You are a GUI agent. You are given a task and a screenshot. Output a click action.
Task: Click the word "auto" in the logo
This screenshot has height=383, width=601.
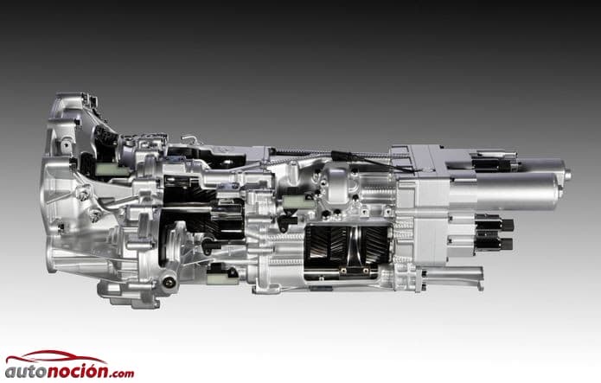click(26, 372)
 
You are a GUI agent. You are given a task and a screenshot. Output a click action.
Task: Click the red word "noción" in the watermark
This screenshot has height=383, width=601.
click(79, 370)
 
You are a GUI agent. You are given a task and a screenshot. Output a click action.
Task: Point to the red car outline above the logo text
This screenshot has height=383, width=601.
click(56, 357)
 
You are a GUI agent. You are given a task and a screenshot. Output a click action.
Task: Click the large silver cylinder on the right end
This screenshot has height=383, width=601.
click(506, 191)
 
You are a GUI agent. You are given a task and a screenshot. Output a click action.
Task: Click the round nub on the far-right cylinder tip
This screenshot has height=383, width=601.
click(567, 175)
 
